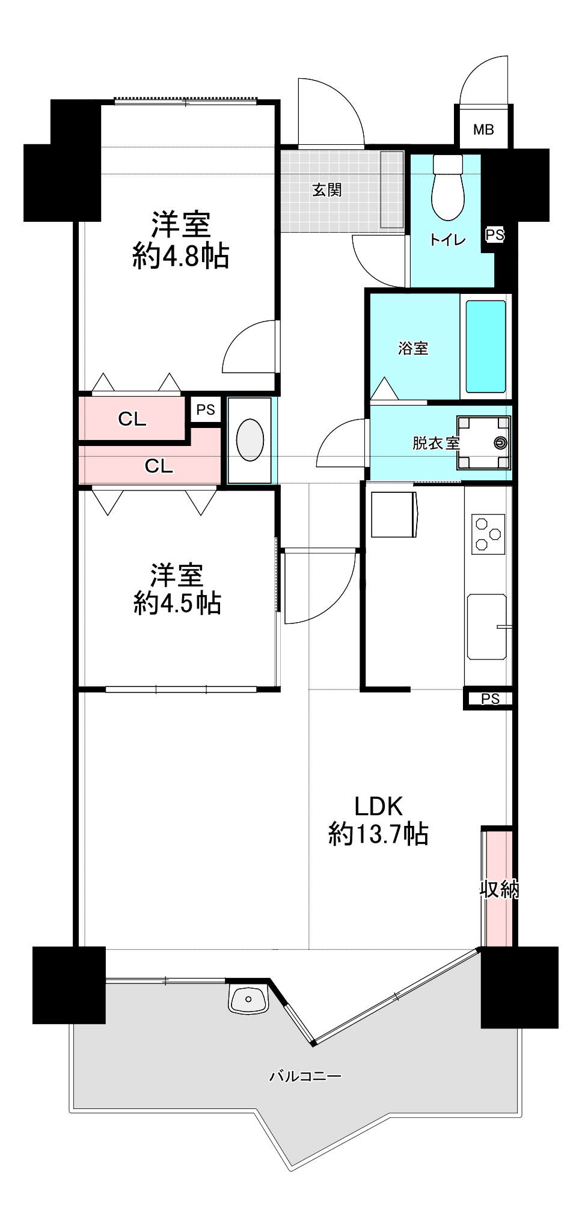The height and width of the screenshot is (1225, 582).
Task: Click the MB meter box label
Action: (483, 129)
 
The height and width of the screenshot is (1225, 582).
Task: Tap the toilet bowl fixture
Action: (448, 188)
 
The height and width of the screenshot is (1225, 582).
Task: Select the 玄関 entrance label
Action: (326, 191)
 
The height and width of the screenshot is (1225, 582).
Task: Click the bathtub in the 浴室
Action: (486, 347)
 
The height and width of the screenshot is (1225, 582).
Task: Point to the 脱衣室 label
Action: (436, 444)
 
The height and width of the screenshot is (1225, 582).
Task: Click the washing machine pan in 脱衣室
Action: (483, 443)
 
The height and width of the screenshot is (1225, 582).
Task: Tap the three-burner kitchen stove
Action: (488, 534)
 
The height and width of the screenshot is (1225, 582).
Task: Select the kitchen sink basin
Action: (486, 626)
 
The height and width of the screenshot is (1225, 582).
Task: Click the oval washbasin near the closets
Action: (250, 440)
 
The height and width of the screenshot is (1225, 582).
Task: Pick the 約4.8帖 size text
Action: (181, 257)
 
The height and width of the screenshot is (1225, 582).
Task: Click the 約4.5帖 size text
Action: (177, 603)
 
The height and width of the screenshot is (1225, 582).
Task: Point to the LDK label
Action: (378, 805)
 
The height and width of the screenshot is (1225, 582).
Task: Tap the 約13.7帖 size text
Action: (378, 834)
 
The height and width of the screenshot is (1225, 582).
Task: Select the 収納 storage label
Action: (500, 888)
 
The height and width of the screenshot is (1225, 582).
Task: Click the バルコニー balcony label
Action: (305, 1076)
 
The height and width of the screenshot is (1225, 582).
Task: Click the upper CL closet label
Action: (132, 419)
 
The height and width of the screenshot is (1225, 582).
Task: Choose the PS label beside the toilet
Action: (495, 234)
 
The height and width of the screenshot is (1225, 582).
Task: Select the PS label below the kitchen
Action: (491, 698)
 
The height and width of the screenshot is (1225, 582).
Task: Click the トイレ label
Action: (447, 240)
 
